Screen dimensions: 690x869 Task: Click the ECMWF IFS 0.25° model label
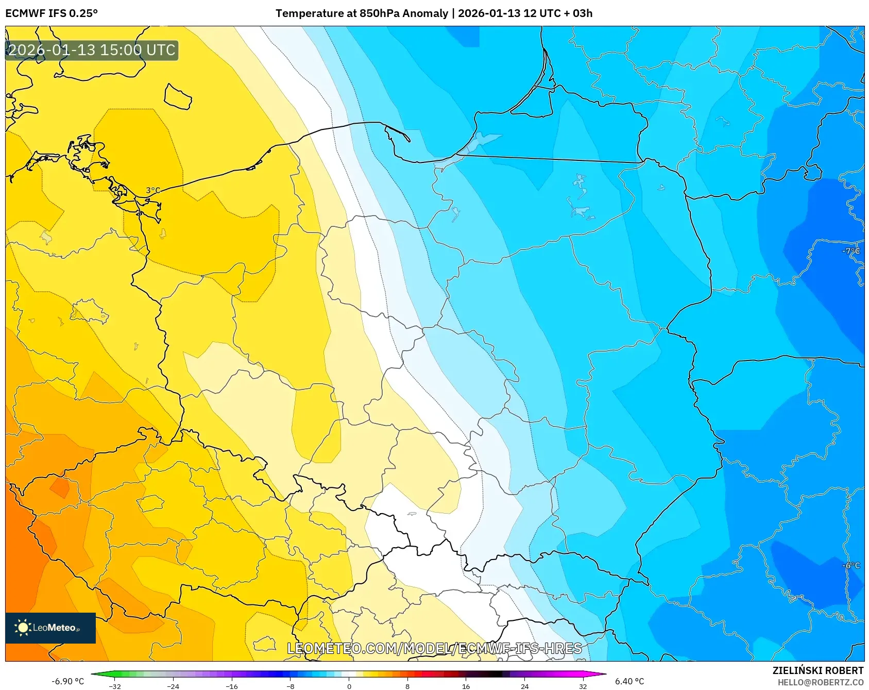coord(52,13)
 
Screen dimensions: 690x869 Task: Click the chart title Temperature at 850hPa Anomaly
coord(362,13)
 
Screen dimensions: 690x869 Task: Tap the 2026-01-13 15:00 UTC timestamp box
coord(92,51)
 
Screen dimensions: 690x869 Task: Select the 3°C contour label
coord(153,190)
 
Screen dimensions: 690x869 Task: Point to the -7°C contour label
coord(851,251)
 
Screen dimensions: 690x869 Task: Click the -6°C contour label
coord(851,565)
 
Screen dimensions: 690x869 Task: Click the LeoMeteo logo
coord(50,628)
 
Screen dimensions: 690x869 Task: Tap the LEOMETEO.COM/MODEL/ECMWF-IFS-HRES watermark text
coord(434,648)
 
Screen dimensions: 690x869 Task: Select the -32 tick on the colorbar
coord(115,686)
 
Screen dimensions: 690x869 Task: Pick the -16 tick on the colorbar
coord(232,686)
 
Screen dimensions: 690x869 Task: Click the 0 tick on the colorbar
coord(349,686)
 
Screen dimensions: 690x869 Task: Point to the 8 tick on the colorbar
coord(407,686)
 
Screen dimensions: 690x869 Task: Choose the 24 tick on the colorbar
coord(524,686)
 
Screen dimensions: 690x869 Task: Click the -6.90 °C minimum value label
coord(67,681)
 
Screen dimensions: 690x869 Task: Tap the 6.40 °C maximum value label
coord(629,681)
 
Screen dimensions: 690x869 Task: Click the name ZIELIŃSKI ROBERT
coord(817,670)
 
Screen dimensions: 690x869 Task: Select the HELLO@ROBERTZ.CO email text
coord(820,682)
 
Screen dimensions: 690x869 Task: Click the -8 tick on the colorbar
coord(291,686)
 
